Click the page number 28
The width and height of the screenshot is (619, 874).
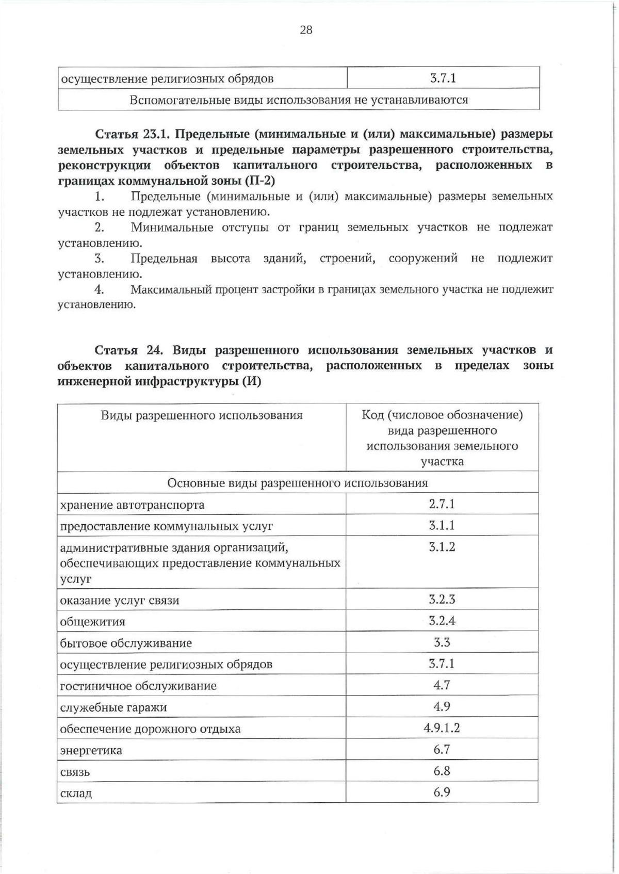306,30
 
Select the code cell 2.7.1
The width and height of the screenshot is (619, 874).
442,504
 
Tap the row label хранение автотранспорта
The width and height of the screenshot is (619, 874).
132,505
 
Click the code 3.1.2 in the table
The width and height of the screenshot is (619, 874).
442,547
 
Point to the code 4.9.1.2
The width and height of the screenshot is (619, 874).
442,728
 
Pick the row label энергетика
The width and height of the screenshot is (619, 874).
91,750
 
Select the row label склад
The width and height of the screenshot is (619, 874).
76,793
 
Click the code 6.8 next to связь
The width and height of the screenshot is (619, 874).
442,771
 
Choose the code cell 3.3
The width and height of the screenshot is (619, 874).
442,642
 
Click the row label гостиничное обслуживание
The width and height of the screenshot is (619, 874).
138,686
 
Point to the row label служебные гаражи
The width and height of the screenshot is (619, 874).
113,707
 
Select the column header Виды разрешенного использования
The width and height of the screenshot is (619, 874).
201,415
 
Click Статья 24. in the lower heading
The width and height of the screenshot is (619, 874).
128,350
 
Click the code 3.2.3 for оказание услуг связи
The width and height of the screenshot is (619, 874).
442,600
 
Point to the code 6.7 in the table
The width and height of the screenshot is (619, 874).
442,749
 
